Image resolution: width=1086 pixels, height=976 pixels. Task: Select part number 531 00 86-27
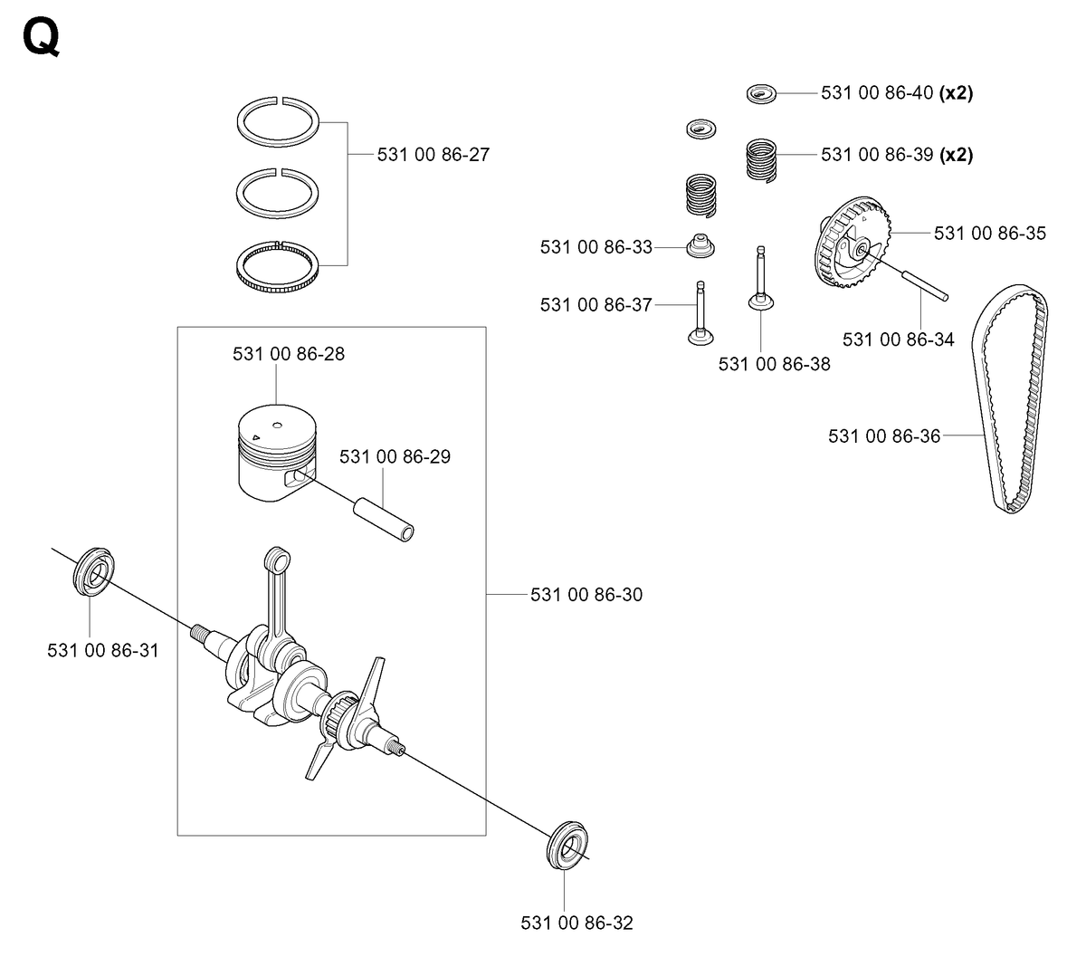coord(433,155)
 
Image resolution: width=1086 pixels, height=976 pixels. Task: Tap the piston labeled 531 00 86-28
coord(277,453)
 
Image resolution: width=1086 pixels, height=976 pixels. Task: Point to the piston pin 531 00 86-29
coord(383,520)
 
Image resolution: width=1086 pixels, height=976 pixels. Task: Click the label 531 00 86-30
coord(586,594)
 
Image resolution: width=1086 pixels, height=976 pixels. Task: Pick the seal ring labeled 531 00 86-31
coord(93,570)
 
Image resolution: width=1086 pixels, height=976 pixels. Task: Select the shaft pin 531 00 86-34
coord(925,286)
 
